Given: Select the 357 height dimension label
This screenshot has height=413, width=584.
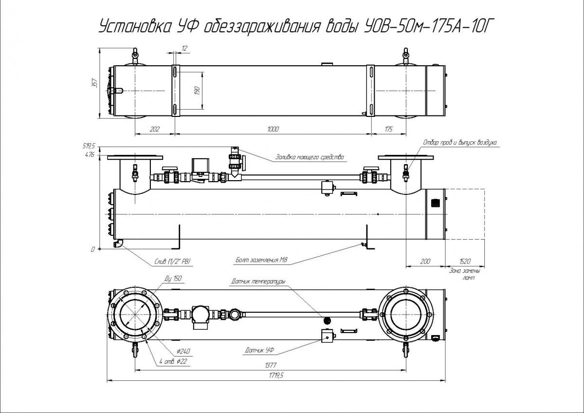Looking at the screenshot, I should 95,84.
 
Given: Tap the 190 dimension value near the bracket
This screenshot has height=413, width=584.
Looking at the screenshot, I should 198,91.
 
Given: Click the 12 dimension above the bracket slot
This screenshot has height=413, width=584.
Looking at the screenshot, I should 184,48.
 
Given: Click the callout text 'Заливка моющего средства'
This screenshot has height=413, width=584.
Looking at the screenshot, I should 310,157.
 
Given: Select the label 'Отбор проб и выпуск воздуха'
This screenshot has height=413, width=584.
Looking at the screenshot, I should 459,143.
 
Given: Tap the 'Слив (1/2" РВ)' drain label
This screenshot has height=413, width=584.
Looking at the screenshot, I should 171,263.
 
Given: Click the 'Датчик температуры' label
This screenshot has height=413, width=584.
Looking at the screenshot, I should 258,281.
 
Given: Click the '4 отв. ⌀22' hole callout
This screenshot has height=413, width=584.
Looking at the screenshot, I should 173,361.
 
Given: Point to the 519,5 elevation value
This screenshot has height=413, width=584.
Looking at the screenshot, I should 89,146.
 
